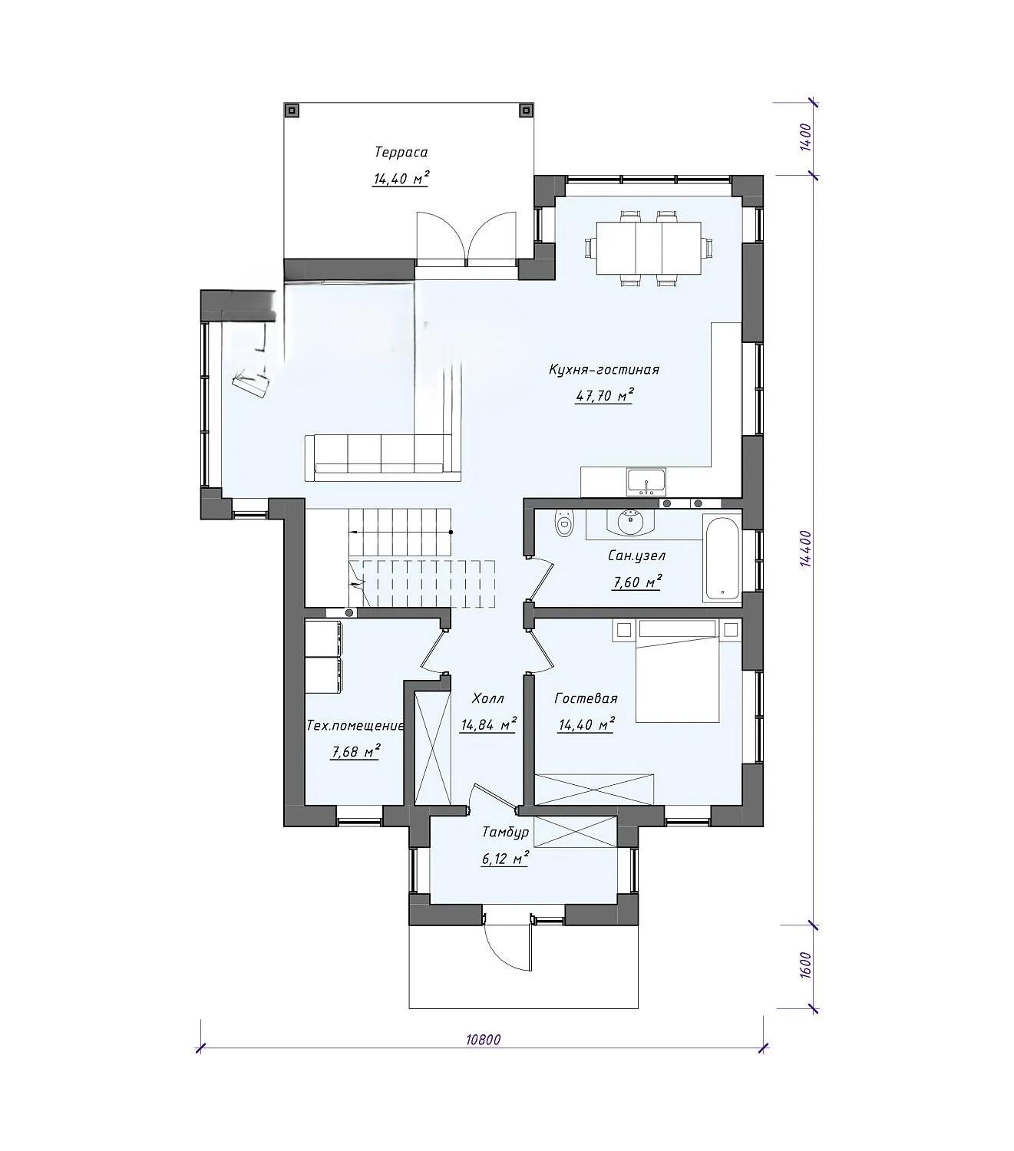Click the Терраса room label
click(401, 152)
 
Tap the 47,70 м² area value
click(604, 395)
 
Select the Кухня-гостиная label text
click(603, 370)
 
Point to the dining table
click(648, 248)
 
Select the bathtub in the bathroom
click(722, 559)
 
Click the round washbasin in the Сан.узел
click(629, 523)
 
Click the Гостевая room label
click(586, 699)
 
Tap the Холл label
click(487, 699)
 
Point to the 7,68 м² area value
click(355, 752)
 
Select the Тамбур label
click(505, 833)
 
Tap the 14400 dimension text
click(804, 548)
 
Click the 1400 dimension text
click(804, 137)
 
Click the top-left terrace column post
click(292, 110)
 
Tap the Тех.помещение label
click(355, 726)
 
